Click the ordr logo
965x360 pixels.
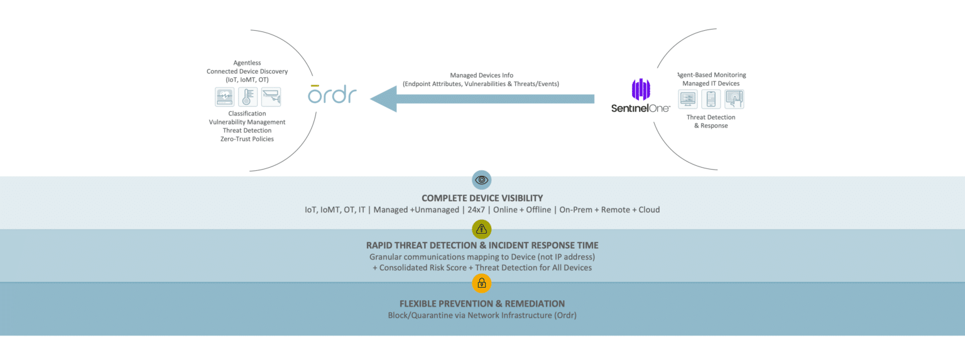coord(332,94)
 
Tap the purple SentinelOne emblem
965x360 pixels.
coord(640,90)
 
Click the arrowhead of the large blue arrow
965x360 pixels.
coord(384,99)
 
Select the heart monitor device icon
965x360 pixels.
coord(224,97)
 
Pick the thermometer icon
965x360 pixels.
coord(248,97)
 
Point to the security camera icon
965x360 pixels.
coord(271,97)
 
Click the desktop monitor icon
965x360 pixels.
coord(688,99)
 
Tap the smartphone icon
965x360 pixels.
coord(711,99)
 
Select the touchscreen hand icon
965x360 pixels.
coord(734,99)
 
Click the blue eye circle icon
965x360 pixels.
coord(481,180)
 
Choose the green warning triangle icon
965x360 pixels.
coord(481,229)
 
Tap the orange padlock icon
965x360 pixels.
coord(481,283)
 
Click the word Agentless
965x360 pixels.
coord(247,63)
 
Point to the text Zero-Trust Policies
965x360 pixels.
coord(246,139)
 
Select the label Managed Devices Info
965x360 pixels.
coord(481,75)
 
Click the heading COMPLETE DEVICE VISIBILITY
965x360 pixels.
coord(482,198)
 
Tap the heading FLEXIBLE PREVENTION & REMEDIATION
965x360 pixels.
coord(482,303)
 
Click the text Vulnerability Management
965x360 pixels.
coord(247,122)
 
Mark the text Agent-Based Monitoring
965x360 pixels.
coord(711,75)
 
